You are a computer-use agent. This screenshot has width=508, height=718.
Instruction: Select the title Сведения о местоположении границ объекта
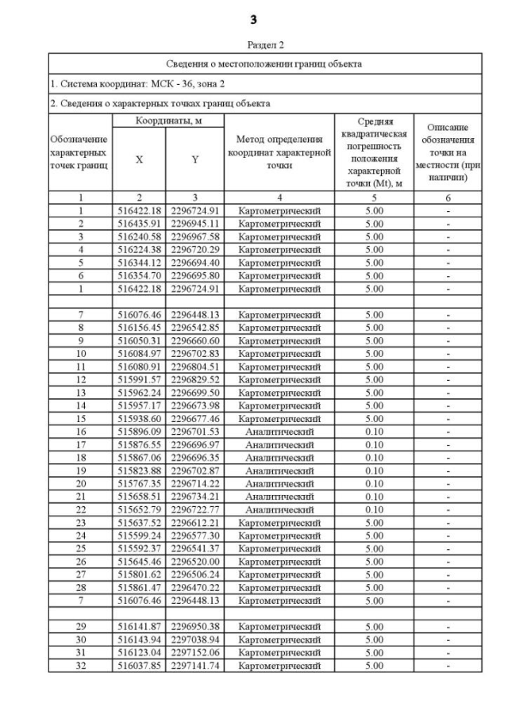(254, 63)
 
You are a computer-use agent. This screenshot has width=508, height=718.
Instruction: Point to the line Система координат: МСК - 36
(127, 83)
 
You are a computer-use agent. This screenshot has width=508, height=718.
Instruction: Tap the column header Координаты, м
(167, 120)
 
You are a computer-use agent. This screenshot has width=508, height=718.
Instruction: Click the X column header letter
(139, 159)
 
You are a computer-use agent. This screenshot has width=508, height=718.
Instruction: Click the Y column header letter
(195, 159)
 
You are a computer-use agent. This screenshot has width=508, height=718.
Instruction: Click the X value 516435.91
(139, 224)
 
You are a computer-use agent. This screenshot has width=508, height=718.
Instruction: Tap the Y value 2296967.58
(195, 237)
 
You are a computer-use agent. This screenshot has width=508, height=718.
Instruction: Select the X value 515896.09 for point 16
(139, 432)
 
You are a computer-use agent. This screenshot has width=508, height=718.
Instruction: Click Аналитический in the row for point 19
(279, 470)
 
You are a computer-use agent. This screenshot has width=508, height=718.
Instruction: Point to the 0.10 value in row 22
(373, 509)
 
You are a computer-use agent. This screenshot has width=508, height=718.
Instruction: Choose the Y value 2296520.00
(195, 561)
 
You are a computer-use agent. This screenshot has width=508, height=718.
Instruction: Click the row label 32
(80, 665)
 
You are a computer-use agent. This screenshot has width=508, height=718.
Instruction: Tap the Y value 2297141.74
(195, 665)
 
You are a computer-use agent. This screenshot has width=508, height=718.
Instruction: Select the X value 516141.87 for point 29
(139, 626)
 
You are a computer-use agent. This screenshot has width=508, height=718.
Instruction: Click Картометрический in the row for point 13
(279, 393)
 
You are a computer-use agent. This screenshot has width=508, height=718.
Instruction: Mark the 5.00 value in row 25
(373, 548)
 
